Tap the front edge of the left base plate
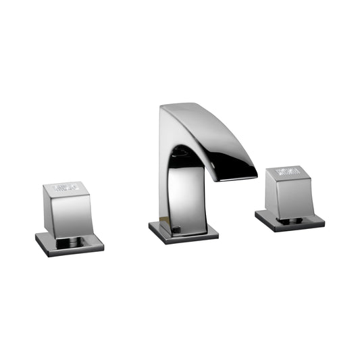[68, 252]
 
